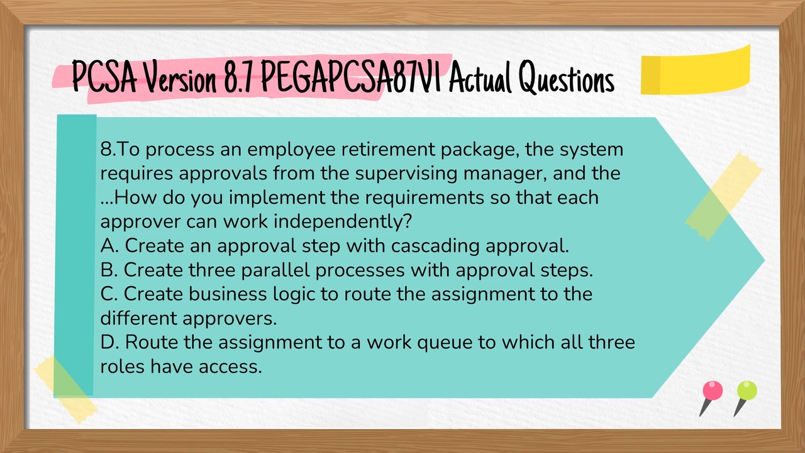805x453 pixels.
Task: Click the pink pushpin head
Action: [x=713, y=391]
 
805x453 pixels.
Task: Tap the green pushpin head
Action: [x=747, y=391]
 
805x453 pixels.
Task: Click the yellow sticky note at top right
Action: [x=696, y=71]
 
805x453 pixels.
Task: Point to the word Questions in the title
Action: [x=566, y=80]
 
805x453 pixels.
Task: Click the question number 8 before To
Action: [x=106, y=150]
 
